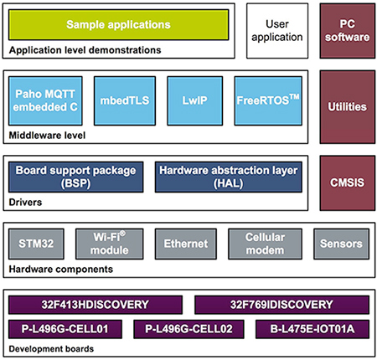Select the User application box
276,30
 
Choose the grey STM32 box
37,244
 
